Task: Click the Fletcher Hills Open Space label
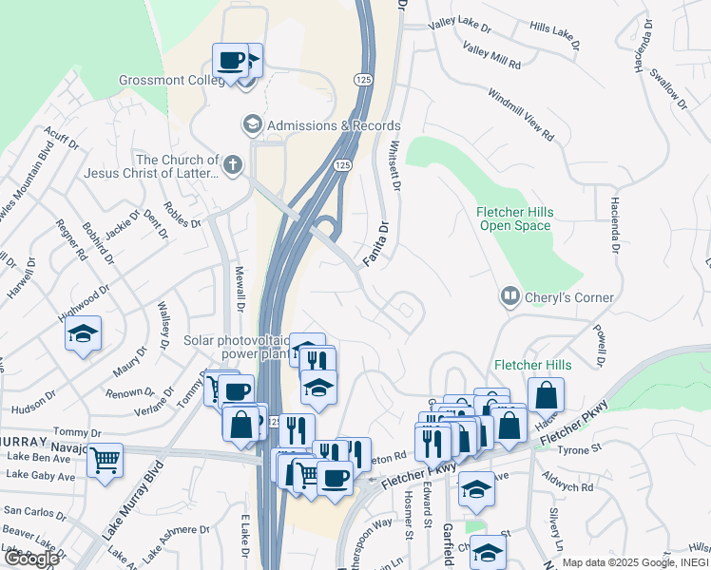click(514, 218)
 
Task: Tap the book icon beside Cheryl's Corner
click(510, 297)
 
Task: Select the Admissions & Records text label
click(334, 125)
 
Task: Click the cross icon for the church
click(234, 166)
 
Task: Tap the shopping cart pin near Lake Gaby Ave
click(105, 461)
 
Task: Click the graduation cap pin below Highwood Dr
click(84, 335)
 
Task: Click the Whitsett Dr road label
click(394, 163)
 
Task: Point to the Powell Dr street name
click(600, 348)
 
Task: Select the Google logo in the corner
click(30, 559)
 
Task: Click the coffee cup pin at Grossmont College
click(231, 62)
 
